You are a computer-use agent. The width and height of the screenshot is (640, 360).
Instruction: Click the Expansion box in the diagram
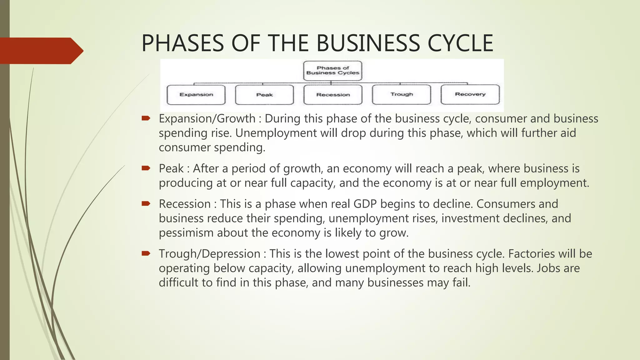[196, 95]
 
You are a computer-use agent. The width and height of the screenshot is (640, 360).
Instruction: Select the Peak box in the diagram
[264, 95]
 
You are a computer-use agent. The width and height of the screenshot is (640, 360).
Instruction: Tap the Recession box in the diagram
[333, 95]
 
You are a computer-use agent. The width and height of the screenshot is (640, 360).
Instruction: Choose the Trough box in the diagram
[402, 94]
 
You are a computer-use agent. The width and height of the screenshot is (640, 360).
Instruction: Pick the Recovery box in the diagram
[470, 94]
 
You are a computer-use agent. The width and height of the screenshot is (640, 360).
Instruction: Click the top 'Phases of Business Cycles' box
[332, 71]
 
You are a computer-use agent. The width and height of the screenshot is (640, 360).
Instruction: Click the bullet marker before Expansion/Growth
[146, 118]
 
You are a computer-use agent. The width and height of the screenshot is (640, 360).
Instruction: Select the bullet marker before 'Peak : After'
[146, 168]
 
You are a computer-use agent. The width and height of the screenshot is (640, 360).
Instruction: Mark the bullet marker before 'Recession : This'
[146, 204]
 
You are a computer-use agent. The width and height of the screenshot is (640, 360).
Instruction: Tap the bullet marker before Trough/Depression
[146, 253]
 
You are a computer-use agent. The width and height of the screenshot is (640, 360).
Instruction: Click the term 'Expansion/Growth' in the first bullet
[207, 119]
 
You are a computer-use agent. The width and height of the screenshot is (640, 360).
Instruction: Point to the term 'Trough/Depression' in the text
[209, 254]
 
